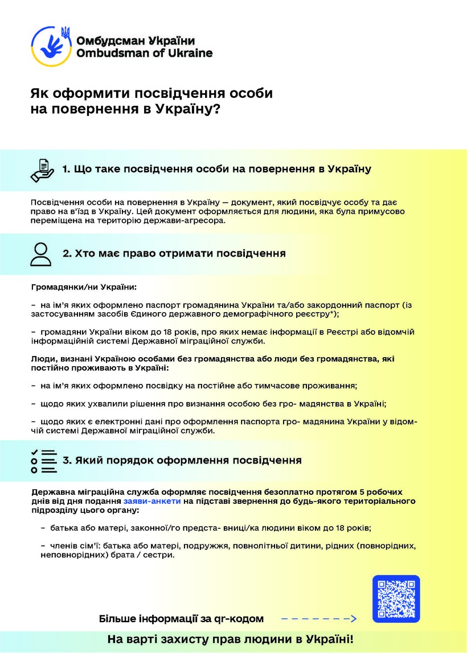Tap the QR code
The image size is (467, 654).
coord(396,599)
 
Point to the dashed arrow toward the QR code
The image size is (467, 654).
coord(318,619)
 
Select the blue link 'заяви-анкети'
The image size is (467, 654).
coord(152,501)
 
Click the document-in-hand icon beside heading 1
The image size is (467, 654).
coord(42,169)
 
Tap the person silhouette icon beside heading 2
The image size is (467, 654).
coord(41,254)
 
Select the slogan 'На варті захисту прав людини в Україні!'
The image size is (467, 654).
coord(231,639)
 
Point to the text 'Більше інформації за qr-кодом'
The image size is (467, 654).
coord(181,619)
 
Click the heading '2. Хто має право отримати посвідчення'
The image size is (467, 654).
coord(174,253)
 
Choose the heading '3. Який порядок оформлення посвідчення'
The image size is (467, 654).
coord(182,460)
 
